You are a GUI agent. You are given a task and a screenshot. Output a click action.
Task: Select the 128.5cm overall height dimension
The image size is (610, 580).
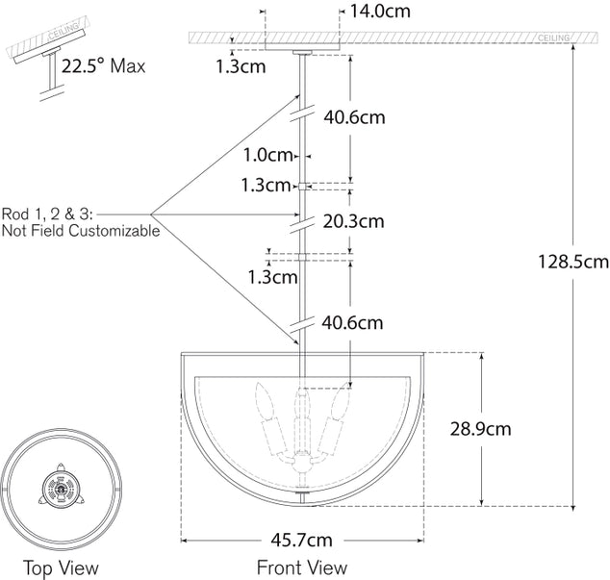pos(572,261)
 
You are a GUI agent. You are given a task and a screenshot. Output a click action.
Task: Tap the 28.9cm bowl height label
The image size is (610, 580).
pos(479,428)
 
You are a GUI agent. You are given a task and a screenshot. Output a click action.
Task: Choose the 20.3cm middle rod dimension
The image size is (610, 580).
pos(353,220)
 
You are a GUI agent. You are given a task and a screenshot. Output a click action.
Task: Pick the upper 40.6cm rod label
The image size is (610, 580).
pos(353,117)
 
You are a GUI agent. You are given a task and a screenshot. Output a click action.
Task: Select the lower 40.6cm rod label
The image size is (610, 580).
pos(353,322)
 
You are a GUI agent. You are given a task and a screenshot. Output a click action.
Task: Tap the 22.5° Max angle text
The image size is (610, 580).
pos(103,67)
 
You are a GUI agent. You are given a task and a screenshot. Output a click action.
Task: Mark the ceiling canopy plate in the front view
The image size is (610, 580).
pos(301,47)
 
